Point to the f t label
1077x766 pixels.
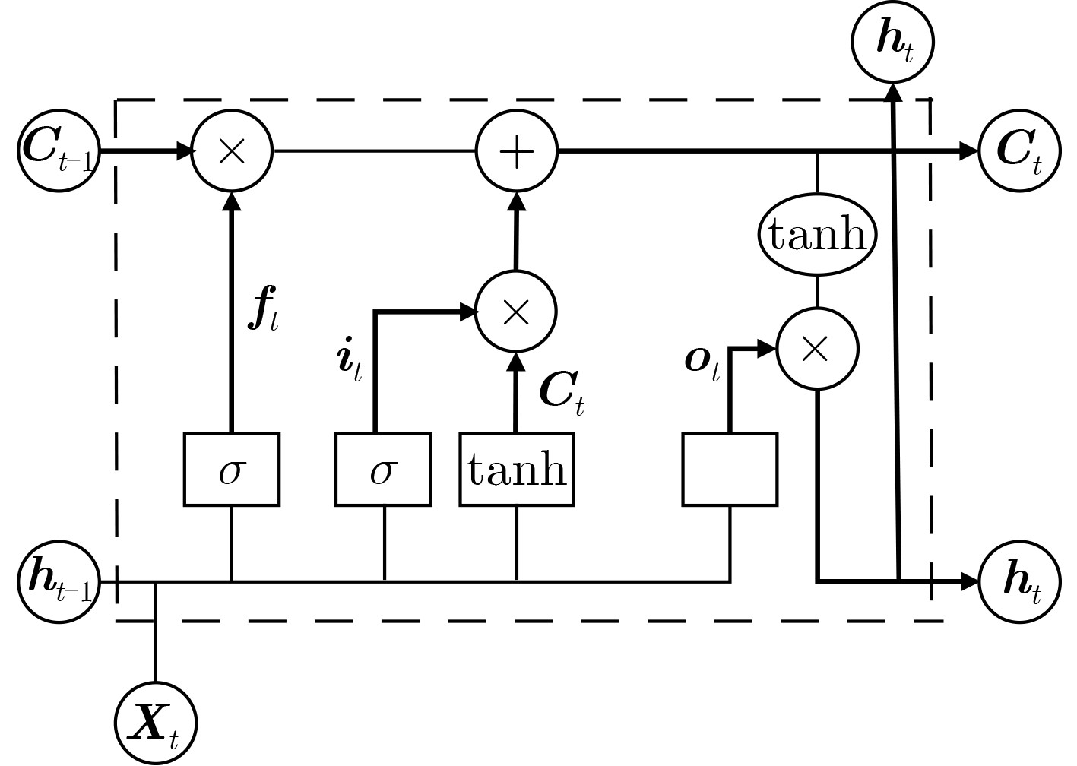(263, 309)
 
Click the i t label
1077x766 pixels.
(349, 359)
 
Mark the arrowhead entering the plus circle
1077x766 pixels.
(517, 201)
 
